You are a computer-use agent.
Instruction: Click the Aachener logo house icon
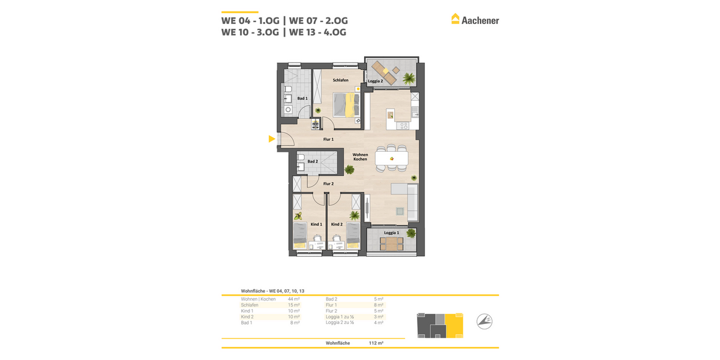point(455,19)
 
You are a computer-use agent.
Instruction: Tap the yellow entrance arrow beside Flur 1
point(272,139)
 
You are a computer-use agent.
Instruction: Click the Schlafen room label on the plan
point(341,80)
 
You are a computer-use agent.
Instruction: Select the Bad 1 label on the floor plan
point(302,98)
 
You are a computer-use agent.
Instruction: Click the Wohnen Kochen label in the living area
point(360,157)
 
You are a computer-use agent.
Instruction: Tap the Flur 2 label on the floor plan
point(328,184)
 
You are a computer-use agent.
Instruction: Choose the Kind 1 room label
point(316,224)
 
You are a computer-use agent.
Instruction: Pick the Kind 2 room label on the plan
point(337,224)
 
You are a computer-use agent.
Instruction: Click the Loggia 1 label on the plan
point(392,232)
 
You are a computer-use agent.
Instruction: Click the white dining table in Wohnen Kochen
point(391,158)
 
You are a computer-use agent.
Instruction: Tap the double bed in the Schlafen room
point(346,104)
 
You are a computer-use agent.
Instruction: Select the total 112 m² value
point(376,343)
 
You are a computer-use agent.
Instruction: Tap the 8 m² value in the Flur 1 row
point(378,305)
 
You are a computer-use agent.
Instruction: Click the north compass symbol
point(484,322)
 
